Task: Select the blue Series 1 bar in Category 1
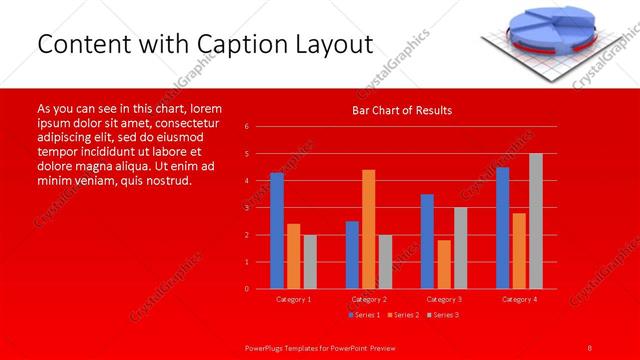click(277, 231)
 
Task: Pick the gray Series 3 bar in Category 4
click(536, 221)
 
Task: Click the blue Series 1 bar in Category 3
click(427, 241)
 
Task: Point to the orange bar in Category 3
click(444, 264)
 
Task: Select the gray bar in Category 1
click(310, 262)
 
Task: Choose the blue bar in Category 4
click(502, 228)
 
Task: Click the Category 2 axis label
click(369, 299)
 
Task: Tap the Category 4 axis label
click(519, 299)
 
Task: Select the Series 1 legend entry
click(365, 316)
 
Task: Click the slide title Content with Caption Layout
click(205, 45)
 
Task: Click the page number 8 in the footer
click(590, 346)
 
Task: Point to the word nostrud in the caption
click(164, 182)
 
